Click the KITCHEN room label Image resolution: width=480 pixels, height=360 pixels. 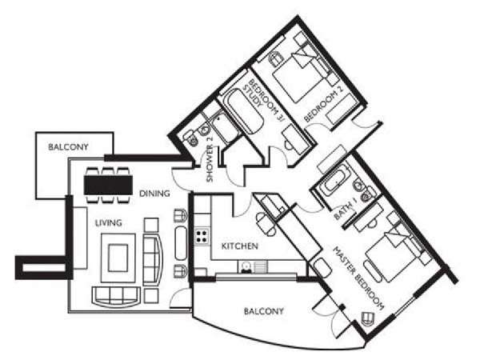point(240,246)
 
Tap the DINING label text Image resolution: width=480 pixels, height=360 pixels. point(154,194)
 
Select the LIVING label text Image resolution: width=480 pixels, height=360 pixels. point(108,223)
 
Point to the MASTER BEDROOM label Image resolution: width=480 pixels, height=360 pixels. point(358,278)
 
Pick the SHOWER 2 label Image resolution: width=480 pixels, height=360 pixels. point(210,163)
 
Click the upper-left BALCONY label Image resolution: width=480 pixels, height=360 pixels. point(68,147)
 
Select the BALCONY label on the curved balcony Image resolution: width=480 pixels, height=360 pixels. point(263,312)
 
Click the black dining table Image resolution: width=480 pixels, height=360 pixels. point(108,185)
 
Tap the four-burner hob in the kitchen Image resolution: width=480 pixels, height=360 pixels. point(202,236)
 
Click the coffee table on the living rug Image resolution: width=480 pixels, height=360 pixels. point(118,258)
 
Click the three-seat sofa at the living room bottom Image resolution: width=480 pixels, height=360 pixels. point(117,296)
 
